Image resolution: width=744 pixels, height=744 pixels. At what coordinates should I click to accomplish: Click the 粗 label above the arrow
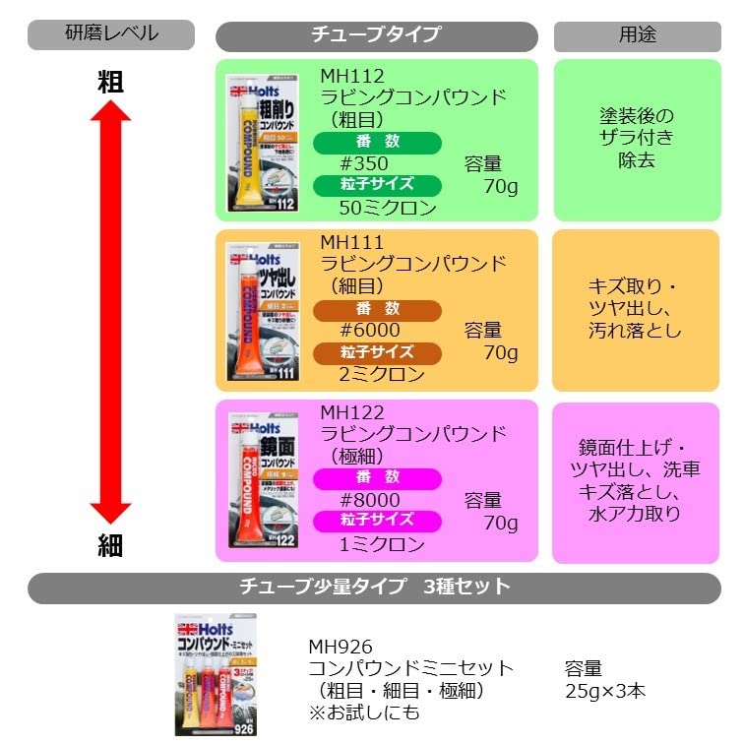(x=110, y=83)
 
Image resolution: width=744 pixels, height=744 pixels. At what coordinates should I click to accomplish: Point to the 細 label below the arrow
(x=110, y=547)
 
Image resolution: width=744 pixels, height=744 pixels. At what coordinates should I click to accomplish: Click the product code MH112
(x=352, y=76)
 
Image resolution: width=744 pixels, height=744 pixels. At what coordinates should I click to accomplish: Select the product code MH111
(x=351, y=242)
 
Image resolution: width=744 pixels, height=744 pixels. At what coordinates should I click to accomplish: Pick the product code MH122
(x=352, y=412)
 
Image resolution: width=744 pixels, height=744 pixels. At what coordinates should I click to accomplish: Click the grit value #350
(x=363, y=163)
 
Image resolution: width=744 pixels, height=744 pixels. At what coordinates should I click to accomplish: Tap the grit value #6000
(x=369, y=331)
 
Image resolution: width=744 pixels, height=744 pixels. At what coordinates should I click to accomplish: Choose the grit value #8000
(x=369, y=500)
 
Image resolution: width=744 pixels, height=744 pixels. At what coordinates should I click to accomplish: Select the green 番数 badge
(x=378, y=142)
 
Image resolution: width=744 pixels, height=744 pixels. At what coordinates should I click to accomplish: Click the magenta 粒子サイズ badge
(x=378, y=521)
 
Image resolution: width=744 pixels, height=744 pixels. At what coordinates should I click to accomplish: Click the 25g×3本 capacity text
(x=605, y=690)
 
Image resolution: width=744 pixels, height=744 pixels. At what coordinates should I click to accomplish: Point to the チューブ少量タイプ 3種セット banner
(x=374, y=588)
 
